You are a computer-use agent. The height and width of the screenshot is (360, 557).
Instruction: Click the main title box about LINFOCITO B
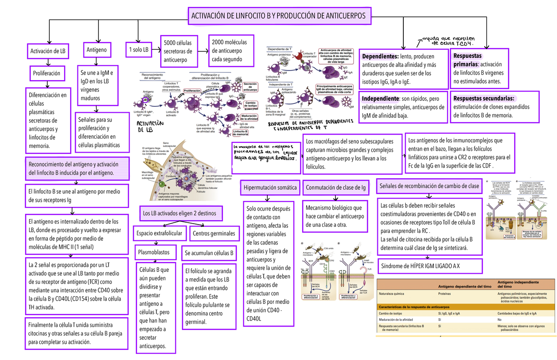[278, 16]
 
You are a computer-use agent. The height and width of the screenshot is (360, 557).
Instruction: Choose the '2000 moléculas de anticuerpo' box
[231, 51]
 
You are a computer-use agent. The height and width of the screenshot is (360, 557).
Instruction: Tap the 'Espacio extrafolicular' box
[160, 233]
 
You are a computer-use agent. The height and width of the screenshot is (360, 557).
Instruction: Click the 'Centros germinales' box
[213, 233]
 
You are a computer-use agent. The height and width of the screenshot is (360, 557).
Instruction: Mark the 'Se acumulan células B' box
[209, 253]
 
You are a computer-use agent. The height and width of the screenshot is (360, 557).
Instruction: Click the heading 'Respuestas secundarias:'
[484, 98]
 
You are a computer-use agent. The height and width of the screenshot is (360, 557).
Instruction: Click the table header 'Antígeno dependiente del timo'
[465, 287]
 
